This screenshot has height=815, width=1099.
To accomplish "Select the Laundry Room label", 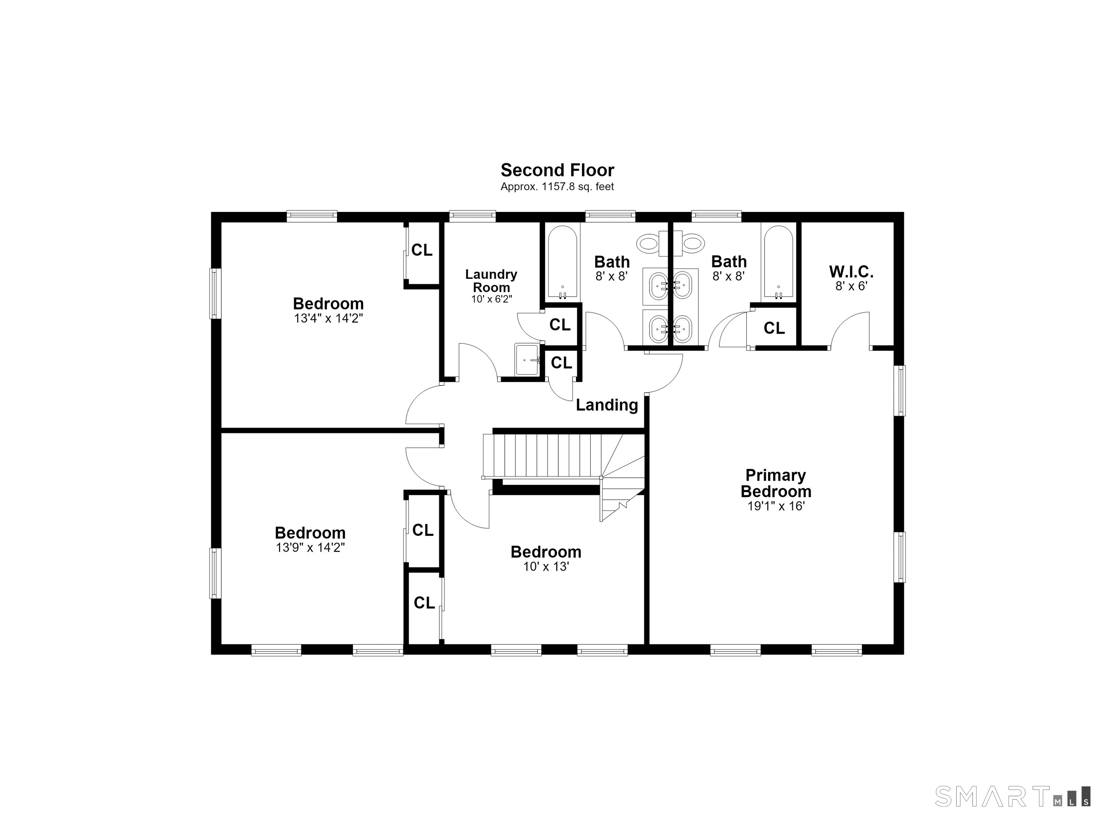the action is (x=491, y=281).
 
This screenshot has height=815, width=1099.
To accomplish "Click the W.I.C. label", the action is (x=851, y=271).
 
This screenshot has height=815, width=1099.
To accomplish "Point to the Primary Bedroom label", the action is (x=776, y=484).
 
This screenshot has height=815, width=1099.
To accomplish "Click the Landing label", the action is (x=607, y=405).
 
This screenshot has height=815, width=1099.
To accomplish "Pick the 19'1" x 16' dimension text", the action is (x=776, y=506).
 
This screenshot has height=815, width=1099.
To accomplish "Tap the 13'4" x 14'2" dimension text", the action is (x=328, y=318).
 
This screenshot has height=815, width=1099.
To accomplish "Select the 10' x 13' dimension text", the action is (x=546, y=567).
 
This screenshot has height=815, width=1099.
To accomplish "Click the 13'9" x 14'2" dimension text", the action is (x=310, y=548).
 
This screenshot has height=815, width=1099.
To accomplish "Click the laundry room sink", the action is (x=528, y=360).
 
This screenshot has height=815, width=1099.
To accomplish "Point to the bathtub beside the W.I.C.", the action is (x=778, y=262).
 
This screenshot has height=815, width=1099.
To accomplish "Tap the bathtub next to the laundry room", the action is (x=562, y=262).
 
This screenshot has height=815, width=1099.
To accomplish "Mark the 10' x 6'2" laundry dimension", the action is (x=491, y=299).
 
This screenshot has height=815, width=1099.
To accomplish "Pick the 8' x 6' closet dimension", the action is (x=851, y=286).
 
